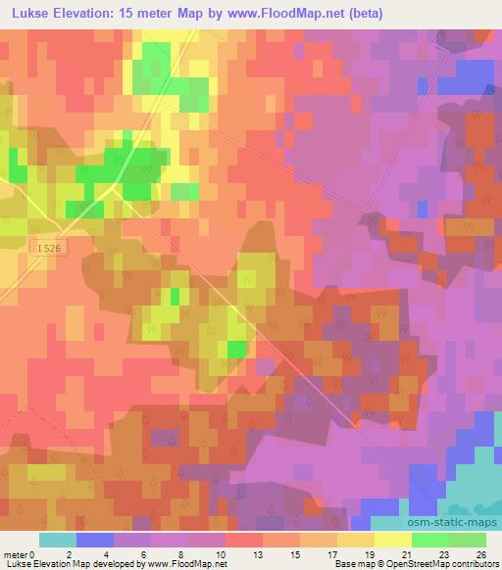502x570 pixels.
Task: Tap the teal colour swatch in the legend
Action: [58, 540]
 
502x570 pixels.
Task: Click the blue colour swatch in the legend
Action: [95, 540]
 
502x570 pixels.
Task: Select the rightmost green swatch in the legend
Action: [468, 540]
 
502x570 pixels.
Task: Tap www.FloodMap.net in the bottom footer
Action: [187, 564]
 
